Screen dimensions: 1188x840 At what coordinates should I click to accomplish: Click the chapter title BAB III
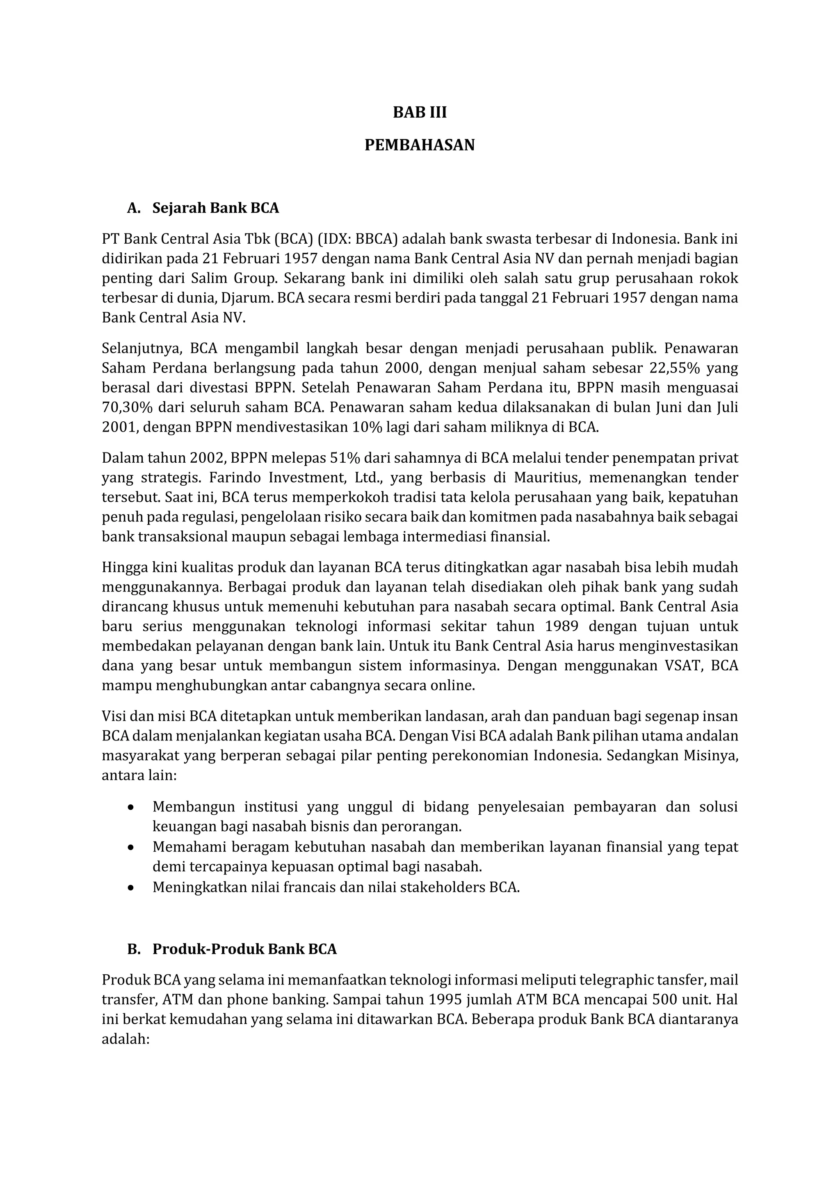[420, 113]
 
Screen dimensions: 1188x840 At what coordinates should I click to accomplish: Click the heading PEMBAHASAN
[420, 145]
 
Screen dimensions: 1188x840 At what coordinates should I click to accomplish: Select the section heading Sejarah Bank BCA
[215, 208]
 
